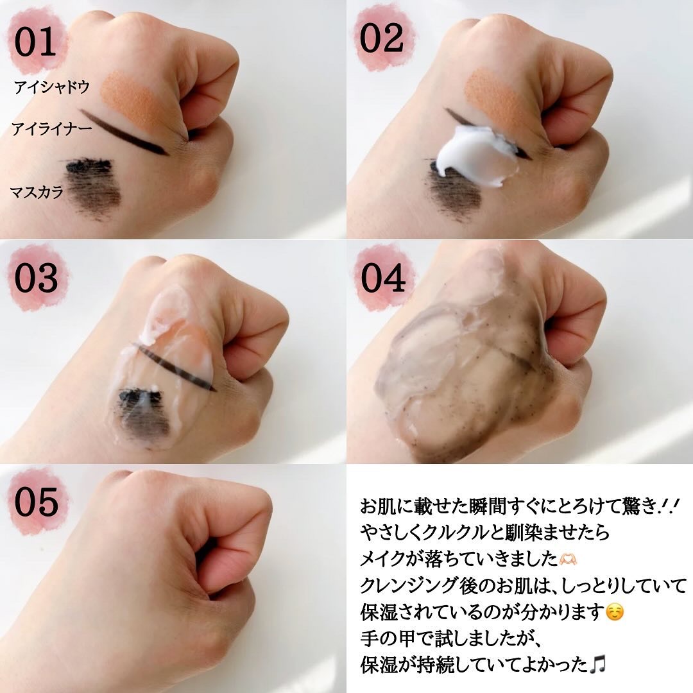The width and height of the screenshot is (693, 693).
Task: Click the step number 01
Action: coord(35,42)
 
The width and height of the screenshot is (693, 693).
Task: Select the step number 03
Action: coord(36,278)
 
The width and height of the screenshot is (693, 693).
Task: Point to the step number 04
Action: coord(382,278)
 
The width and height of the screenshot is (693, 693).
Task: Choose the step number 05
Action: coord(36,502)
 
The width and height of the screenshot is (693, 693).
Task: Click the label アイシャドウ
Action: coord(52,87)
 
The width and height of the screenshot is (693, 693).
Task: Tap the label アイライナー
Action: coord(52,128)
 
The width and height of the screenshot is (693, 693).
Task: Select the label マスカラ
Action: coord(37,193)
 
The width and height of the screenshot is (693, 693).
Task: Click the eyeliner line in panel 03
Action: coord(174,367)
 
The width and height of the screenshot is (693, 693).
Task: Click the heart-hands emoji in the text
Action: coord(569,559)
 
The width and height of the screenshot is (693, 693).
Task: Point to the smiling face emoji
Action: coord(615,612)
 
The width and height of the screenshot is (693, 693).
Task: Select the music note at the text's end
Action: coord(598,664)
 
